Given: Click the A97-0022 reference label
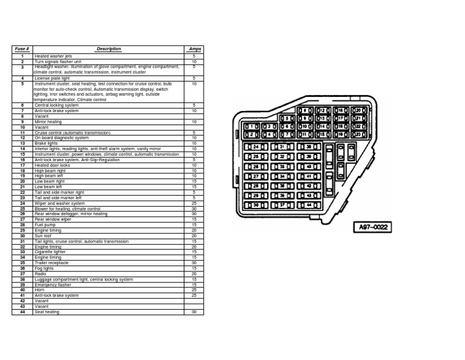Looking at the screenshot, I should tap(372, 228).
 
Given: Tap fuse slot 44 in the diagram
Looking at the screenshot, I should tap(308, 205).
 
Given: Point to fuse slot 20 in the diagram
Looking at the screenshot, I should tap(357, 111).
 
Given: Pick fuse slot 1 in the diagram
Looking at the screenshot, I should tap(253, 127).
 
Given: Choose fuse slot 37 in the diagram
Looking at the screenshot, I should tap(282, 205).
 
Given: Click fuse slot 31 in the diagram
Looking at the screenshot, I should tap(282, 147).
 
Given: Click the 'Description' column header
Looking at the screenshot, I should tap(108, 49).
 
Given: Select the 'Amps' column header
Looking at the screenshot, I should tap(194, 49).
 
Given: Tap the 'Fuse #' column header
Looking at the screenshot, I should tap(22, 49).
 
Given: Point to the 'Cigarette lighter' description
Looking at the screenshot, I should tap(50, 252).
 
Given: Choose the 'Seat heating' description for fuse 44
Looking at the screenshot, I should tap(47, 312).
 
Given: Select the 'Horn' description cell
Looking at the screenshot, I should tap(39, 290).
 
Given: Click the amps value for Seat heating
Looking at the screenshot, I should tap(194, 312).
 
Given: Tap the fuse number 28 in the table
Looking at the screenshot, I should tap(22, 225).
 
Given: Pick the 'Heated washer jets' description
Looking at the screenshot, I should tap(53, 56).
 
